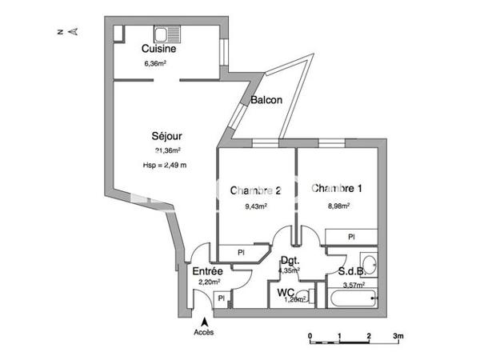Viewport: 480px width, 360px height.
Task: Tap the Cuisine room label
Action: point(158,49)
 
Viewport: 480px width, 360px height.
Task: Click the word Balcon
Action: point(266,101)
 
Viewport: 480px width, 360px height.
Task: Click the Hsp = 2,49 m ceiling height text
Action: point(165,166)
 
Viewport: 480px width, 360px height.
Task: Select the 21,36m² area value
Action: point(168,150)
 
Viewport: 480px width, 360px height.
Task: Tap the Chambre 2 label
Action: point(255,190)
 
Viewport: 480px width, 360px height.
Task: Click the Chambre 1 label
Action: point(337,189)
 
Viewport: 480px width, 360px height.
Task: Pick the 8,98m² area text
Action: point(338,205)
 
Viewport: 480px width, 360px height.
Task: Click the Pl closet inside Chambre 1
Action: point(352,237)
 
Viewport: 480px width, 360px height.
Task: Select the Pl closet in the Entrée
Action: point(222,299)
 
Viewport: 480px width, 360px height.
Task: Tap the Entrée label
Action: point(206,272)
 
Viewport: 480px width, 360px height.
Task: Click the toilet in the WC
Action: point(312,298)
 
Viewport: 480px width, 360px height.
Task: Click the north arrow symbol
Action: point(72,32)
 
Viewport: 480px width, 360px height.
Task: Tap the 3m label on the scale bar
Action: point(397,336)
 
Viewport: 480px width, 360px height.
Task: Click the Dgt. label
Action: point(289,260)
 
